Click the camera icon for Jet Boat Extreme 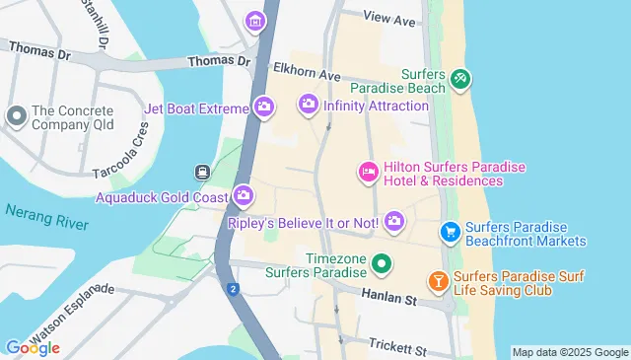[x=263, y=107]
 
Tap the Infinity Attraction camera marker [x=309, y=104]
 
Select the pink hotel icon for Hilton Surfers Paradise [x=367, y=173]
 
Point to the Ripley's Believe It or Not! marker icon [x=394, y=221]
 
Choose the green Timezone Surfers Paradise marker [x=382, y=264]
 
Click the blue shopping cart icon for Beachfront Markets [x=451, y=232]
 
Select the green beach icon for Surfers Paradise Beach [x=459, y=79]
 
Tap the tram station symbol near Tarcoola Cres [x=203, y=172]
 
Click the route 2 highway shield [x=233, y=289]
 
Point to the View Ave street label [x=389, y=19]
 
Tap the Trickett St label [x=397, y=348]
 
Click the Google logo [x=32, y=347]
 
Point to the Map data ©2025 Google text [x=570, y=352]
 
